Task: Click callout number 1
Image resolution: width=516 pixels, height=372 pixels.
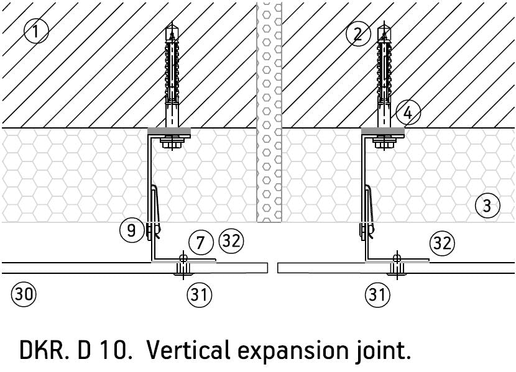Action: pyautogui.click(x=36, y=30)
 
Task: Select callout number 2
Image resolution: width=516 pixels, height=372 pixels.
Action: pyautogui.click(x=357, y=34)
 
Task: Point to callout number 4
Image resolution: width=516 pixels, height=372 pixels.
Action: pyautogui.click(x=408, y=113)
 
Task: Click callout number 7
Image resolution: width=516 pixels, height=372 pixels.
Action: pyautogui.click(x=200, y=242)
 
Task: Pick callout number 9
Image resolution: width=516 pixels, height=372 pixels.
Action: pyautogui.click(x=131, y=230)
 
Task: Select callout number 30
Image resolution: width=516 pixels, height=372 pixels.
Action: pyautogui.click(x=24, y=294)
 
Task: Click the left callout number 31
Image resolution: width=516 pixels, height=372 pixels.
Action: pyautogui.click(x=198, y=294)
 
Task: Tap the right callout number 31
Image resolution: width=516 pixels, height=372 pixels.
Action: pyautogui.click(x=377, y=294)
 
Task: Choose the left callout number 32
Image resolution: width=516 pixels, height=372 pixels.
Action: pyautogui.click(x=231, y=240)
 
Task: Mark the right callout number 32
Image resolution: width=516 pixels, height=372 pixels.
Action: pyautogui.click(x=441, y=243)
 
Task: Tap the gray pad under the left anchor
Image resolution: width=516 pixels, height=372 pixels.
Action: pyautogui.click(x=170, y=132)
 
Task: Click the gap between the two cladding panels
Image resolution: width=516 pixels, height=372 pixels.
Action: pyautogui.click(x=272, y=268)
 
